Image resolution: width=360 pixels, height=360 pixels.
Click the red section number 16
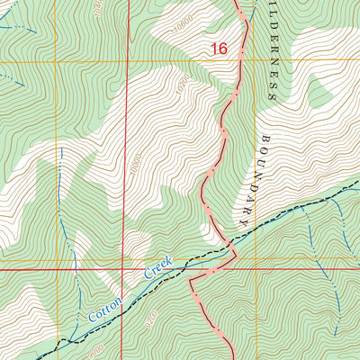tap(220, 49)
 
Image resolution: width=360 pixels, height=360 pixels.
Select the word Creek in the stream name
tap(157, 270)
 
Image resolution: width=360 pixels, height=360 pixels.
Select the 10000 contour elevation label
tap(135, 166)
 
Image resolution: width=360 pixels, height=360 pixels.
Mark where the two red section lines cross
tap(124, 268)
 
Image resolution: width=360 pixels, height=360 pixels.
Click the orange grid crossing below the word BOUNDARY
tap(254, 258)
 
